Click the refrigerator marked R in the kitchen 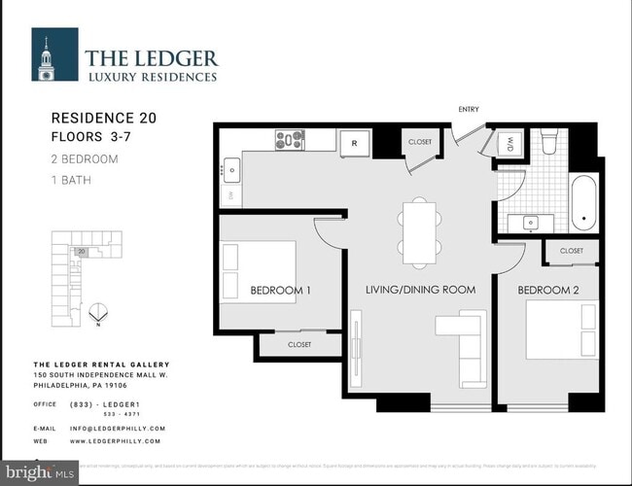click(355, 142)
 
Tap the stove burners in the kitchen click(290, 140)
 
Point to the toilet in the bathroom click(548, 144)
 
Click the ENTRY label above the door click(469, 109)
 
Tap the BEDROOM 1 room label click(281, 290)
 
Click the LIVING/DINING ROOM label click(420, 290)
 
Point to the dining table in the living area click(420, 232)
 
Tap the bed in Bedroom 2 click(560, 331)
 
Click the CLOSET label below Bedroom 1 click(299, 344)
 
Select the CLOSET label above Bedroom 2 click(572, 251)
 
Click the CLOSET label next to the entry click(420, 142)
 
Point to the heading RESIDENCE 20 click(103, 118)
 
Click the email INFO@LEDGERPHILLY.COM click(117, 428)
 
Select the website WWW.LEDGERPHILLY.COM click(117, 440)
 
